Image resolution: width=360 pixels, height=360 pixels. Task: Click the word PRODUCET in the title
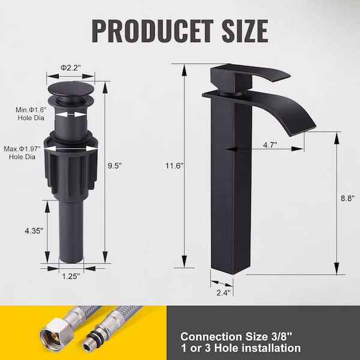pyautogui.click(x=152, y=31)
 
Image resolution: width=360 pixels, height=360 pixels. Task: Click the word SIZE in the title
pyautogui.click(x=245, y=31)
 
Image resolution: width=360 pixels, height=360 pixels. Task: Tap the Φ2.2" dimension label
pyautogui.click(x=71, y=68)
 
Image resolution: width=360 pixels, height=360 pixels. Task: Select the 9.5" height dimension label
pyautogui.click(x=115, y=166)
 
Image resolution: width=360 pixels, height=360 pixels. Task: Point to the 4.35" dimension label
pyautogui.click(x=34, y=231)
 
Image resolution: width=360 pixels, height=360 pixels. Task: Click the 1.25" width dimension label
pyautogui.click(x=71, y=277)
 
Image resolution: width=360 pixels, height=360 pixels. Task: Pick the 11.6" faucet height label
pyautogui.click(x=175, y=166)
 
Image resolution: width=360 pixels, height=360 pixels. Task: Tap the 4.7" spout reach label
pyautogui.click(x=270, y=145)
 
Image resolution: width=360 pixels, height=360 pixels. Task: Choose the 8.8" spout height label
pyautogui.click(x=347, y=198)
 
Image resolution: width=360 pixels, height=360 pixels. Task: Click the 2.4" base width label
pyautogui.click(x=223, y=293)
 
